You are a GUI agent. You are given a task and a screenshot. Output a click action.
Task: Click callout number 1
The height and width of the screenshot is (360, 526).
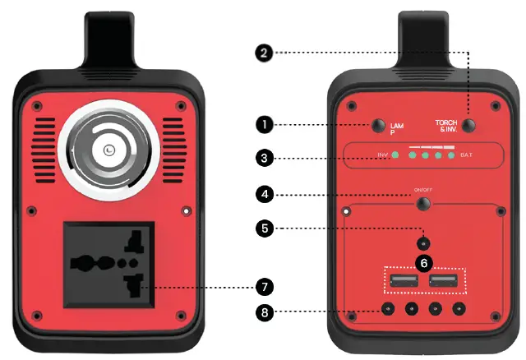[264, 124]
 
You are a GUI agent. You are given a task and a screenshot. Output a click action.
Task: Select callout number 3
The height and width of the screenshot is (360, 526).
[264, 156]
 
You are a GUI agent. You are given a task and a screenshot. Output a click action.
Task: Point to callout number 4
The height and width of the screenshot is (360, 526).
[264, 195]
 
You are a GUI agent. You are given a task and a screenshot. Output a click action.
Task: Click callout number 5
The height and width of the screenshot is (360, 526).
[264, 228]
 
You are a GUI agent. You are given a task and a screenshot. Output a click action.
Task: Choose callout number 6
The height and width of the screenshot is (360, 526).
[423, 263]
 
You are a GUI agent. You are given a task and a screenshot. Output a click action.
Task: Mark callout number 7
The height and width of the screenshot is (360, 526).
[264, 287]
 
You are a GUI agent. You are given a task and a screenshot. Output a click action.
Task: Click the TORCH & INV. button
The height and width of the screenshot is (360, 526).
[469, 126]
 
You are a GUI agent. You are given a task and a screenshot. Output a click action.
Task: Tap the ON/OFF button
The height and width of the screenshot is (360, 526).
[423, 204]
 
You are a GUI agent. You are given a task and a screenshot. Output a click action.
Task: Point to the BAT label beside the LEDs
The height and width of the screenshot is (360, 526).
[466, 155]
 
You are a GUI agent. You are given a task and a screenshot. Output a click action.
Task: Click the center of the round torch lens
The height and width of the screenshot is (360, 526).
[108, 150]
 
